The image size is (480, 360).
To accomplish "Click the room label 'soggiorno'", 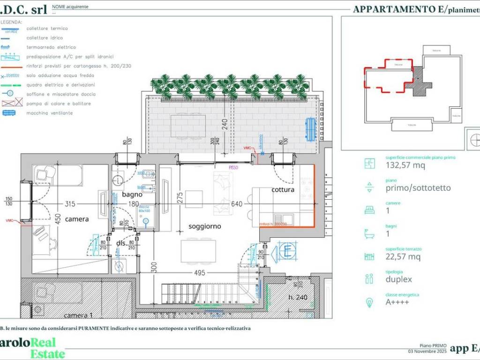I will (204, 226).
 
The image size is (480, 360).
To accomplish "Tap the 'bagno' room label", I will (132, 194).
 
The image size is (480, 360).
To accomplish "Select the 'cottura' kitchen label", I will (283, 190).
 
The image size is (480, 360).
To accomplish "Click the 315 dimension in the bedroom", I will (70, 203).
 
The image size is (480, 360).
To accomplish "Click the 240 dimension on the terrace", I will (225, 124).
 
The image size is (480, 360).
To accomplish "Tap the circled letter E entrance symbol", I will (287, 250).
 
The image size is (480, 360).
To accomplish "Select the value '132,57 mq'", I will (405, 165).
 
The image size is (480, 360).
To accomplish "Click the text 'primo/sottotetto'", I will (418, 188).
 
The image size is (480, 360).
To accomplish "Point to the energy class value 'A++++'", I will (397, 302).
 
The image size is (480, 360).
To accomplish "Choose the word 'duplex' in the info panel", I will (399, 279).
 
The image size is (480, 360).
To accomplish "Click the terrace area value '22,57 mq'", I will (403, 256).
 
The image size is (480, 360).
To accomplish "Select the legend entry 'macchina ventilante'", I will (50, 113).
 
